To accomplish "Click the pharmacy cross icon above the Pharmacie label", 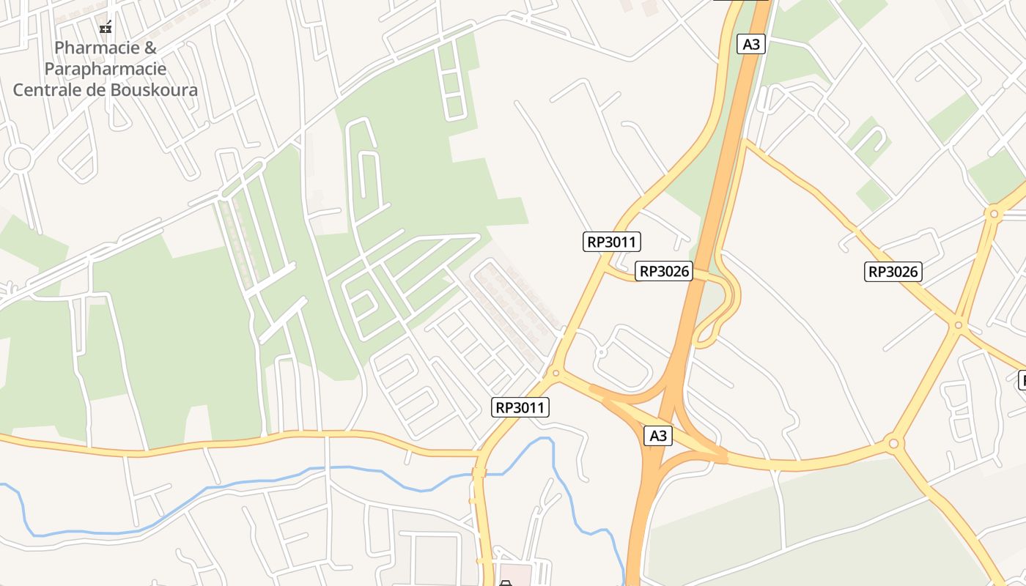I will pyautogui.click(x=106, y=28).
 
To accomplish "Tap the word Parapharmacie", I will pyautogui.click(x=106, y=69).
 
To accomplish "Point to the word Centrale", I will pyautogui.click(x=53, y=90).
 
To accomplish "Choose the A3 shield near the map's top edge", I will pyautogui.click(x=751, y=44).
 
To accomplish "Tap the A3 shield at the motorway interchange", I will pyautogui.click(x=658, y=436).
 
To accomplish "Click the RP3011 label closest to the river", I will pyautogui.click(x=521, y=407).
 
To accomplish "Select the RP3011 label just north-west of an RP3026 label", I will pyautogui.click(x=612, y=242).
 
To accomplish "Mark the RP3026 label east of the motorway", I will pyautogui.click(x=893, y=272).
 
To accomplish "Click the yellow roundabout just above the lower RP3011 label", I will pyautogui.click(x=556, y=374).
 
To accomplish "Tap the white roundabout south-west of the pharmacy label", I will pyautogui.click(x=18, y=157).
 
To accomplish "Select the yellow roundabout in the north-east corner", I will pyautogui.click(x=994, y=215).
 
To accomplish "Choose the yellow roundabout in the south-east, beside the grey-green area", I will pyautogui.click(x=893, y=443).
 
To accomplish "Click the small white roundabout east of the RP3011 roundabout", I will pyautogui.click(x=601, y=352).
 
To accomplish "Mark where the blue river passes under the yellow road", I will pyautogui.click(x=479, y=474).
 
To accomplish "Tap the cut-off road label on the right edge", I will pyautogui.click(x=1022, y=380).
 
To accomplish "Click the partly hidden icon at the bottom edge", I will pyautogui.click(x=505, y=582).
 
